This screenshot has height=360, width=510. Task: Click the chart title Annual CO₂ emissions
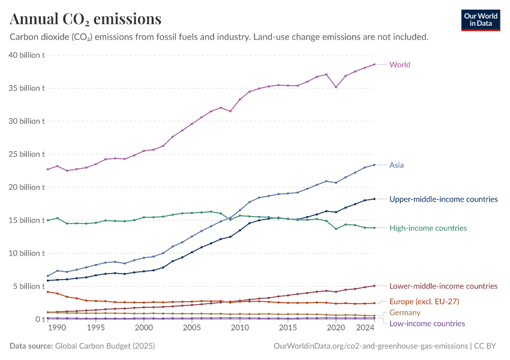(x=85, y=19)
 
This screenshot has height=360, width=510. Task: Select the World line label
(x=400, y=65)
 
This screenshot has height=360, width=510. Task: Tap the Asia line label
(x=396, y=165)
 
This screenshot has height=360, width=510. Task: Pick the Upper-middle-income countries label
(x=443, y=199)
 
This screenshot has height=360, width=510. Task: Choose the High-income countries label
(x=428, y=228)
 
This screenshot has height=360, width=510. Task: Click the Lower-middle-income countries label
(x=443, y=286)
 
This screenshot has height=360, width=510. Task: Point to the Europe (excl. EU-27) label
(x=424, y=301)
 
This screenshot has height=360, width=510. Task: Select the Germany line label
(x=404, y=313)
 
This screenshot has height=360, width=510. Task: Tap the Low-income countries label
(x=427, y=323)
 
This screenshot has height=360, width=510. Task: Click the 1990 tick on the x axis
(x=57, y=328)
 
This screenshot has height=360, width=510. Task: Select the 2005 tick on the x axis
(x=192, y=328)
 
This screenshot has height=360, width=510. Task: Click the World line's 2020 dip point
(x=336, y=87)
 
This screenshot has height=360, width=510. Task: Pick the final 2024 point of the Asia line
(x=374, y=165)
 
